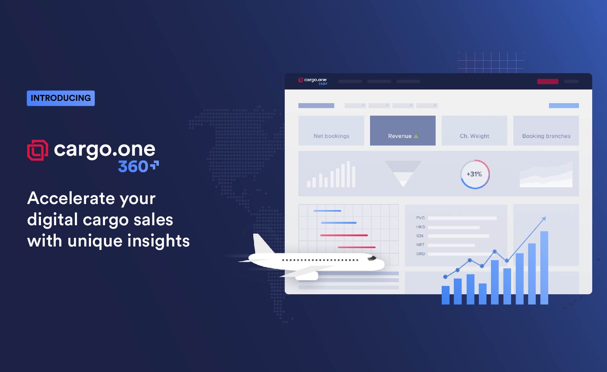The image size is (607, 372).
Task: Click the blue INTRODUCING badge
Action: [61, 98]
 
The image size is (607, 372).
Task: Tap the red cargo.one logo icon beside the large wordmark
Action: [38, 150]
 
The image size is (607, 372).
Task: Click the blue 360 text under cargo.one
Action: [133, 166]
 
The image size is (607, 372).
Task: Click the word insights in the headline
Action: [158, 240]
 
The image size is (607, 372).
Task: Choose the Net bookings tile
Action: [331, 130]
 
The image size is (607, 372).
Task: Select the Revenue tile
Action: [403, 130]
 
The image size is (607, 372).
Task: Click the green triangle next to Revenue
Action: [416, 136]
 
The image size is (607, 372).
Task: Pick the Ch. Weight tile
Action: [474, 130]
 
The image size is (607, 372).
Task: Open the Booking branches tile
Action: [546, 130]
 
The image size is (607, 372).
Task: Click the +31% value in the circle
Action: [474, 174]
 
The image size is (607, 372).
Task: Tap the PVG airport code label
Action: [420, 218]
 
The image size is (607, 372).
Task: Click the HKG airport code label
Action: [420, 227]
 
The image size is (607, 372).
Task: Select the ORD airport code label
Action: [420, 254]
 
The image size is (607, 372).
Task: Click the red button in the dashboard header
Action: [547, 81]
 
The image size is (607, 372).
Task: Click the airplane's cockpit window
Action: [372, 258]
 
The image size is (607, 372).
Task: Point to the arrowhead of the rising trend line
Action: [544, 219]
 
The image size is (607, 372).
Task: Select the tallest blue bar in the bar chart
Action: [544, 268]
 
